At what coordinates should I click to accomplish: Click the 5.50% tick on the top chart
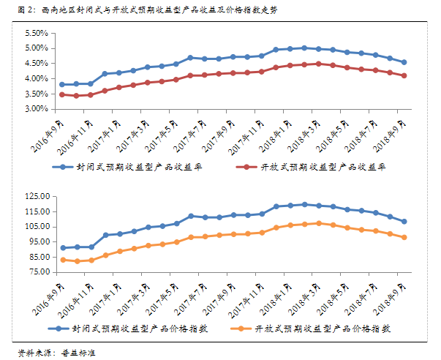(35, 34)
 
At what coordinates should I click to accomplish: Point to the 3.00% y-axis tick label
(35, 110)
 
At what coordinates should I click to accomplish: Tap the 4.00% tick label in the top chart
(35, 79)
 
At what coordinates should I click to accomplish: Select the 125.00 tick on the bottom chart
(35, 197)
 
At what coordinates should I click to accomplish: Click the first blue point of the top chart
(62, 85)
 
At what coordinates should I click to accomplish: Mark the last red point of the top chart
(404, 75)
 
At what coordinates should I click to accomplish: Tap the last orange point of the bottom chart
(404, 237)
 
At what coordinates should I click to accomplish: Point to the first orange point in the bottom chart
(62, 260)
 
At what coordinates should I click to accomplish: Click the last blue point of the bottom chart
(404, 222)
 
